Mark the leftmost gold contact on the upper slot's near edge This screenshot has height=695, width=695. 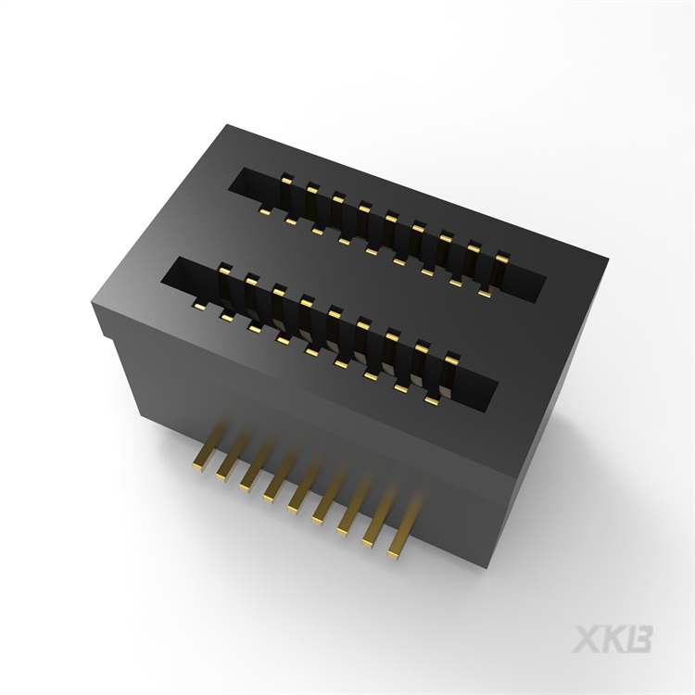[x=265, y=212]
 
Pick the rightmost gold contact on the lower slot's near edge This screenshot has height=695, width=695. [x=431, y=399]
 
